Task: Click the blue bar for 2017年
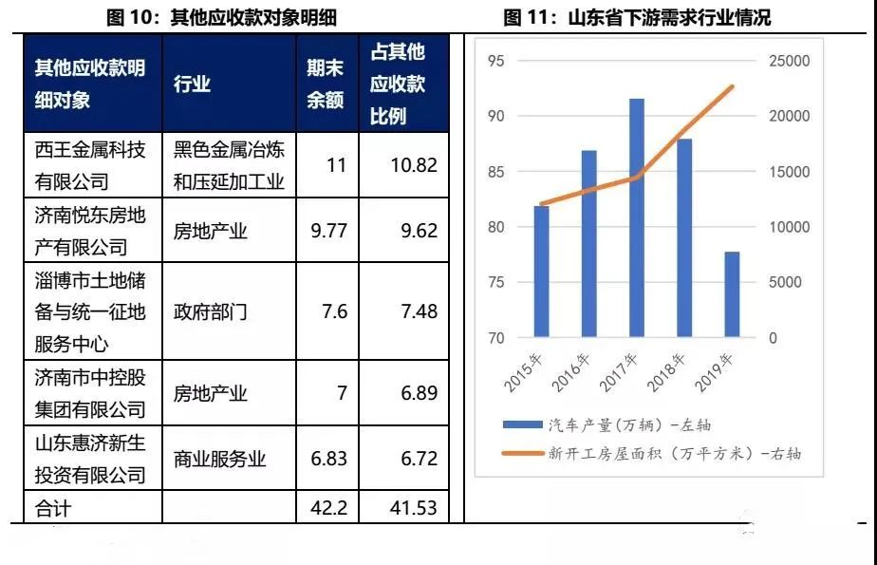point(636,217)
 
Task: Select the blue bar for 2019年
point(732,294)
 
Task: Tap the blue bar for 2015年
point(541,272)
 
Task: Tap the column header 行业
point(192,85)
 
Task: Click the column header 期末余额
point(325,85)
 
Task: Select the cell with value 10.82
point(413,165)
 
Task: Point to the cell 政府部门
point(210,311)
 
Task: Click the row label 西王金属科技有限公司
point(90,165)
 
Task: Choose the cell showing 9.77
point(329,231)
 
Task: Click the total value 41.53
point(413,508)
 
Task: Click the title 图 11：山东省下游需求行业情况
point(637,17)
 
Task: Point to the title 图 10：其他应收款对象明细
point(223,17)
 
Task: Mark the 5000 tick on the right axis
point(785,283)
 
